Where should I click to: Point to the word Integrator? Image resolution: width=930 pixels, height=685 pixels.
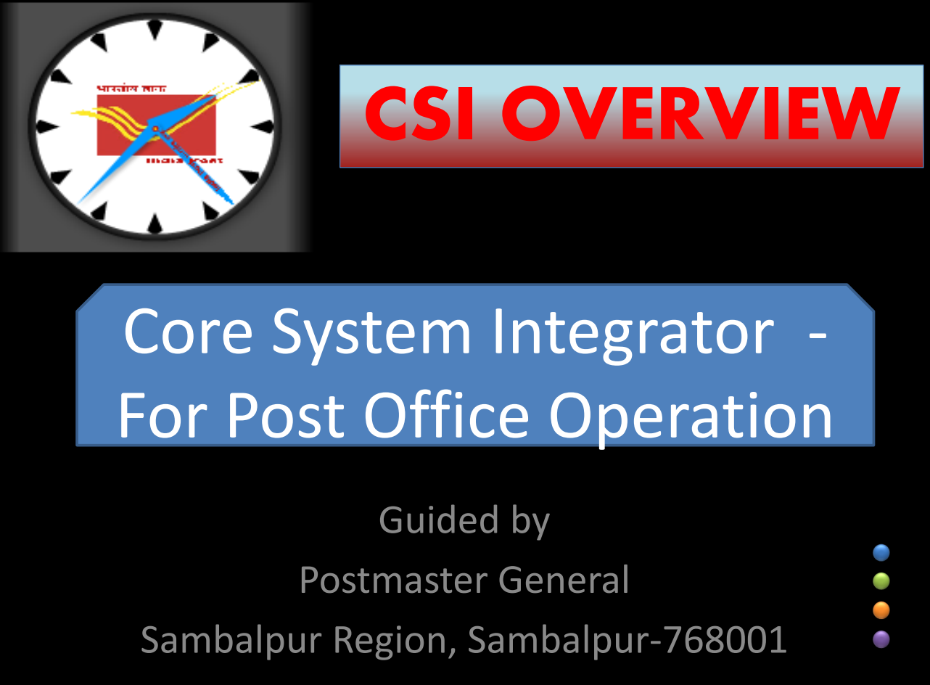coord(632,332)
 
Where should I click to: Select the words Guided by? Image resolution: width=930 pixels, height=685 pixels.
coord(464,521)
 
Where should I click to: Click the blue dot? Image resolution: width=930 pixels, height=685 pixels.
coord(881,553)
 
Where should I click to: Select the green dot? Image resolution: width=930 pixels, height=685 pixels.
coord(881,581)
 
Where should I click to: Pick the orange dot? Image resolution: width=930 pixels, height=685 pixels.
coord(881,610)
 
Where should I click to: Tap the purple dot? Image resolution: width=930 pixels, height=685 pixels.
coord(881,639)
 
